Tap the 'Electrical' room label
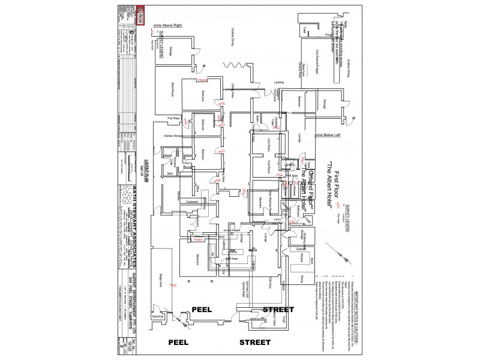click(x=158, y=316)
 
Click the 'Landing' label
click(x=279, y=82)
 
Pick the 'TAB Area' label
click(x=271, y=281)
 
